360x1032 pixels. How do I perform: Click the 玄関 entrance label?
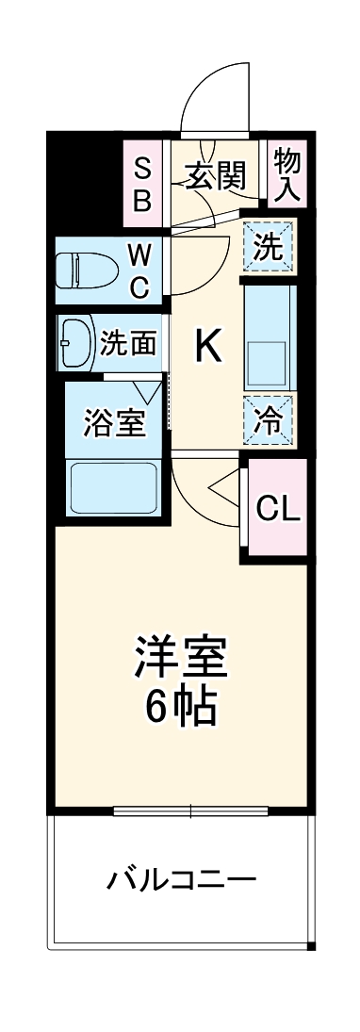(215, 175)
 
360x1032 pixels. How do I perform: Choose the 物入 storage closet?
(286, 174)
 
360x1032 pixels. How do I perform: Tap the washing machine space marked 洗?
(269, 247)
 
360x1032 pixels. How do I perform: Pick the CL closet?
(278, 509)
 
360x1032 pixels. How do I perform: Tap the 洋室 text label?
(181, 658)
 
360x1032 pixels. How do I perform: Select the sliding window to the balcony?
(190, 810)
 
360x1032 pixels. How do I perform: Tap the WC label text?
(139, 270)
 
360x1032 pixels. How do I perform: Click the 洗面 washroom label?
(128, 343)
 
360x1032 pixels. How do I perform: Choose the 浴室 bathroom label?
(115, 423)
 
